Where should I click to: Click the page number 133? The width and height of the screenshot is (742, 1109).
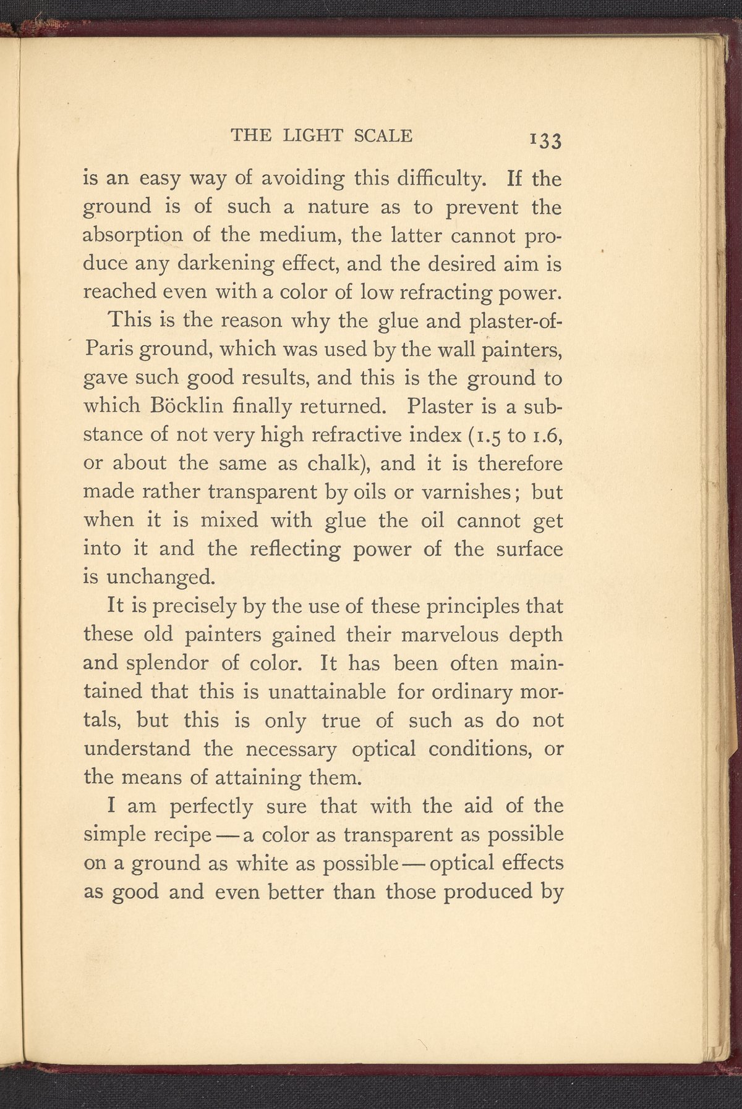pos(545,141)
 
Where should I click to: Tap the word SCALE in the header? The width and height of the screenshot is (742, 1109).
pos(383,135)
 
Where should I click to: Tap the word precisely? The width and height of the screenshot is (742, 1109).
pos(187,606)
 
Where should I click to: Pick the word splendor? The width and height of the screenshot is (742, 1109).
pos(165,663)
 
